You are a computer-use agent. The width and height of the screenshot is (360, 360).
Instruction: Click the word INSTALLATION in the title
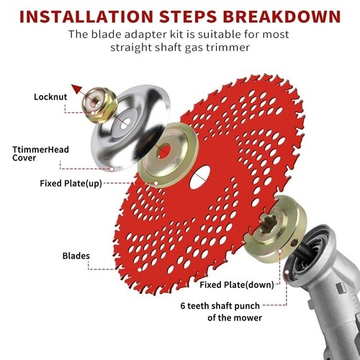[x=86, y=17]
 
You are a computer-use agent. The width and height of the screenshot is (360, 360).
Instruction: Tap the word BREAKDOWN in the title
[x=282, y=17]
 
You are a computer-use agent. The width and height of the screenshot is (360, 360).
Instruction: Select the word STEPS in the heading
[x=188, y=17]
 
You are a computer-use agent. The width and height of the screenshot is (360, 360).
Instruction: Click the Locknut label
[x=50, y=97]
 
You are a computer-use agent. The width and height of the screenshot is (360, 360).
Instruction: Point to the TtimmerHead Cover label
[x=40, y=153]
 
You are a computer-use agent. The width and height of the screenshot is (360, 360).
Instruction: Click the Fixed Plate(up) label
[x=71, y=184]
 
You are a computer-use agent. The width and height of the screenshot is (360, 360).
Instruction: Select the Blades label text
[x=76, y=256]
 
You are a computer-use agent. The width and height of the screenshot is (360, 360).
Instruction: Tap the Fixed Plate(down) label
[x=237, y=285]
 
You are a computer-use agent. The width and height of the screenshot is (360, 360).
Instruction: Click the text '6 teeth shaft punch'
[x=220, y=306]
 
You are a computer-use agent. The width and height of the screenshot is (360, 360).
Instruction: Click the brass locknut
[x=99, y=105]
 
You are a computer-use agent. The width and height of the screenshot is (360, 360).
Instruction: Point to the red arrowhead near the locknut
[x=77, y=89]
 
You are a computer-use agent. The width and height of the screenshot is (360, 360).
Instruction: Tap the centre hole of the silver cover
[x=125, y=123]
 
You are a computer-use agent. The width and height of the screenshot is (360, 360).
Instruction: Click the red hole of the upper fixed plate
[x=164, y=151]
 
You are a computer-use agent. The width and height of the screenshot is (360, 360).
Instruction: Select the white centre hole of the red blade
[x=200, y=177]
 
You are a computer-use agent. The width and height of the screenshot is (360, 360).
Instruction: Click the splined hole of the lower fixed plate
[x=269, y=224]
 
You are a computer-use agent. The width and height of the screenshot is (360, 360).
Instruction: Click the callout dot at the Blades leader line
[x=140, y=270]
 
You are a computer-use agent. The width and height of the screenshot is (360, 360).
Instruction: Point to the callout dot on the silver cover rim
[x=112, y=169]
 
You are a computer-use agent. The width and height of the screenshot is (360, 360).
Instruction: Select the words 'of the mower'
[x=235, y=318]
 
